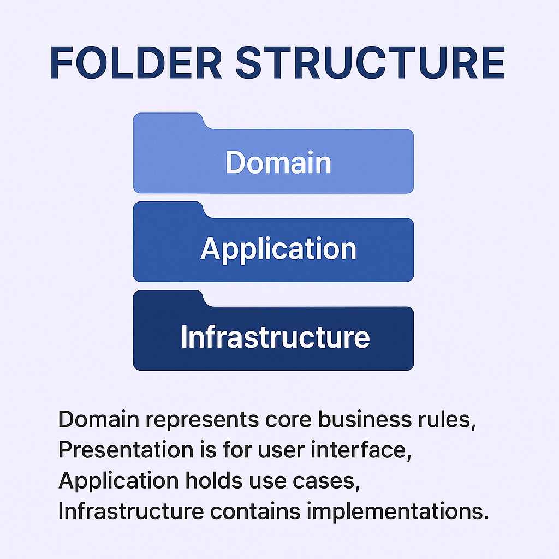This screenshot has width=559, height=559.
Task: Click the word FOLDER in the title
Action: click(136, 63)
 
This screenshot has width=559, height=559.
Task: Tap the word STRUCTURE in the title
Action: click(370, 63)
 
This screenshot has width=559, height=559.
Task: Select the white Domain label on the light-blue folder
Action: click(278, 163)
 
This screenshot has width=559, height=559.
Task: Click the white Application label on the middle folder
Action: click(278, 249)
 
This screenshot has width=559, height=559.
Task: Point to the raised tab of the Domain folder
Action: click(168, 121)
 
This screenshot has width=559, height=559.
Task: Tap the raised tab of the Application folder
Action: click(168, 209)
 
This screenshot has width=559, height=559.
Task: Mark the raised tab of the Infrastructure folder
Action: click(168, 298)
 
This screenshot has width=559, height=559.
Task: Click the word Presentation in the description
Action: click(126, 450)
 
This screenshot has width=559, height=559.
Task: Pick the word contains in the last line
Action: click(255, 511)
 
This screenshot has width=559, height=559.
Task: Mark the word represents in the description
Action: click(202, 420)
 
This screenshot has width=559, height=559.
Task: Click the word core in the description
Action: click(288, 420)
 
